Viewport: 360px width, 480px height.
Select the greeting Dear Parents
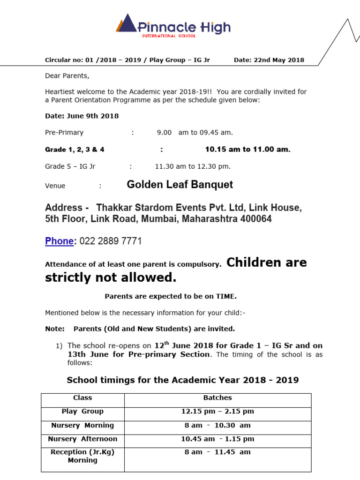[x=67, y=75]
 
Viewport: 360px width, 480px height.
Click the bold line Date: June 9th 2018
[x=82, y=116]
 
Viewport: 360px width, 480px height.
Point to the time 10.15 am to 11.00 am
[x=247, y=150]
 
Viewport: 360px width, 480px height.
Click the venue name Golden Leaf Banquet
[x=180, y=185]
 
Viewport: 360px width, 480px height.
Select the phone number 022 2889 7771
[x=111, y=241]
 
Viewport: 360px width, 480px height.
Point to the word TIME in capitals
[x=226, y=296]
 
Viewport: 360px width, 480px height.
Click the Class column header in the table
[x=82, y=398]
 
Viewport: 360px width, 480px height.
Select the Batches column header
[x=217, y=398]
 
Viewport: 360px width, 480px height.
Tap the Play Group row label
[x=82, y=412]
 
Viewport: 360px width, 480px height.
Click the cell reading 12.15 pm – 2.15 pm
[x=217, y=412]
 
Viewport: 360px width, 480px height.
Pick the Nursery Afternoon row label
[x=82, y=439]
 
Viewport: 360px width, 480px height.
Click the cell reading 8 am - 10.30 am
[x=217, y=426]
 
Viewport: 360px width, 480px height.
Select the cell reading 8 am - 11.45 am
[x=217, y=452]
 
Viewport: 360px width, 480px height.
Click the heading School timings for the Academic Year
[x=183, y=380]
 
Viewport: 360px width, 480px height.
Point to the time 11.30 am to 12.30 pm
[x=193, y=166]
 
